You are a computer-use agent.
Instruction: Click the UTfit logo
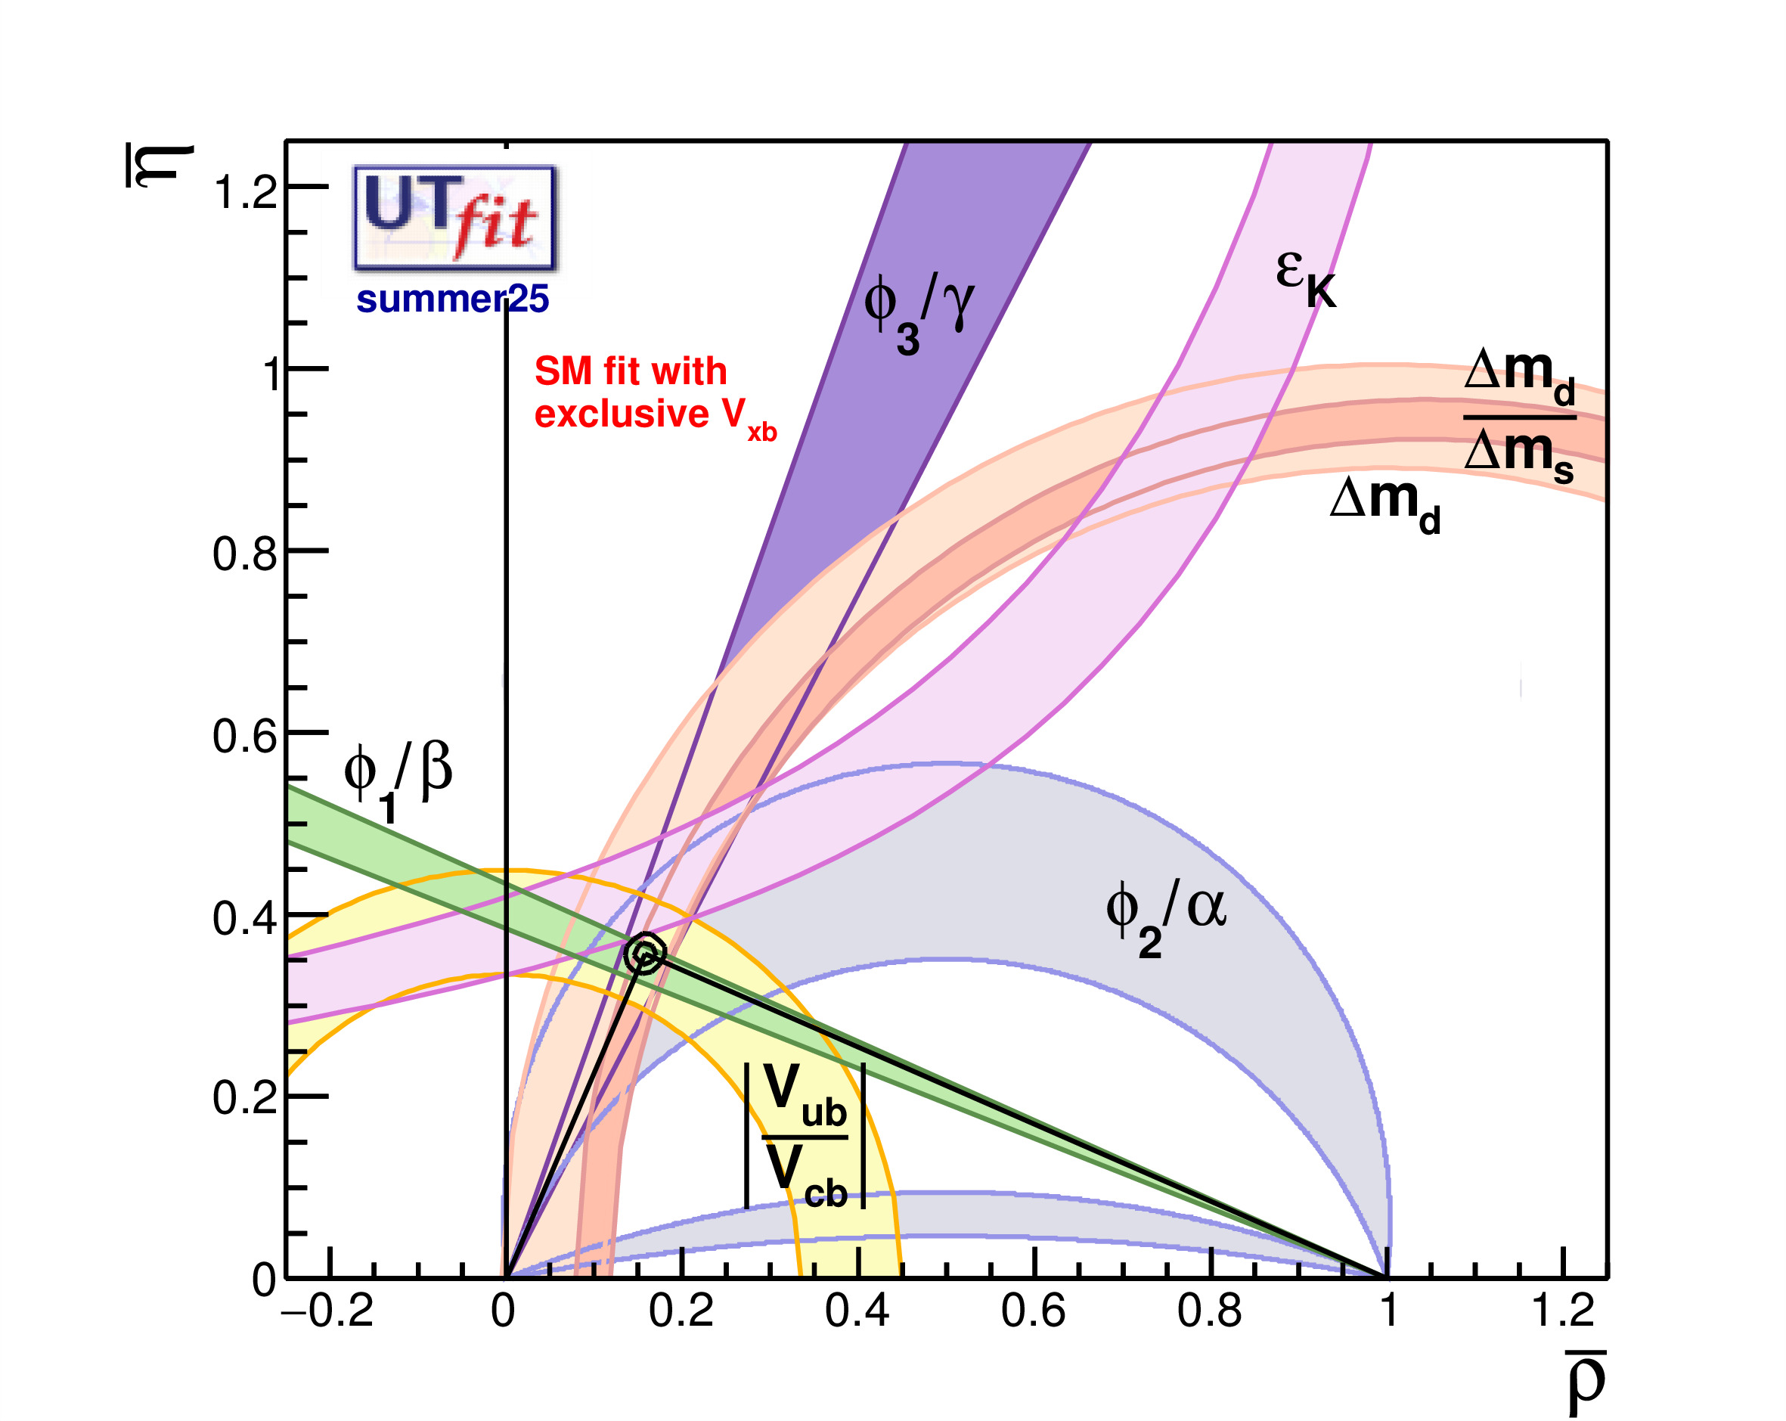click(x=454, y=218)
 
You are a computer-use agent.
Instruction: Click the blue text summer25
click(x=452, y=299)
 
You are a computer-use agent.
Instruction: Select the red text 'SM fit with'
click(x=631, y=371)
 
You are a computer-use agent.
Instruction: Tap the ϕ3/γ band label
click(x=918, y=311)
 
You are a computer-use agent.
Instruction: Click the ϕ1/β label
click(x=398, y=779)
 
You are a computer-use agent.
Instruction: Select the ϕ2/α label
click(x=1165, y=916)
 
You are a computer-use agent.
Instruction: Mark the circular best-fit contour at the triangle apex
click(x=644, y=954)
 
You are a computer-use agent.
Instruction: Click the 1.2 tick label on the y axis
click(x=245, y=192)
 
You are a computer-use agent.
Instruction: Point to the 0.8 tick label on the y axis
click(x=245, y=554)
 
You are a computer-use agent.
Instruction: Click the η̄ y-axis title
click(x=160, y=166)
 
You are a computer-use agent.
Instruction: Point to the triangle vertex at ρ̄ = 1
click(x=1388, y=1277)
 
